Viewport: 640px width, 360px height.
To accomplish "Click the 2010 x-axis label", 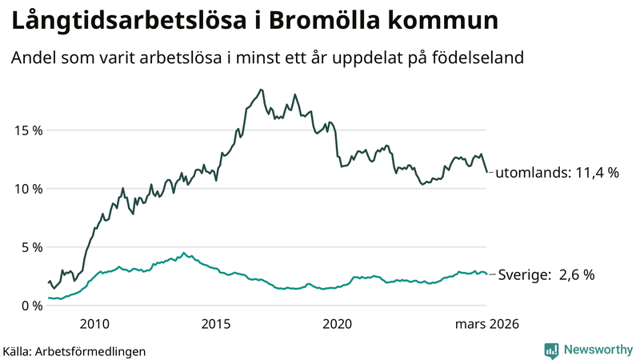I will point(94,324).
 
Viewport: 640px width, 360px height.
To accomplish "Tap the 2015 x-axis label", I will point(216,324).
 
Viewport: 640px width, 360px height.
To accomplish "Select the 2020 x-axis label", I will point(338,324).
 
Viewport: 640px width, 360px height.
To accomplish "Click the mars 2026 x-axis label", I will point(487,324).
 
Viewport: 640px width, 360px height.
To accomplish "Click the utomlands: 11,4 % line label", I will point(558,172).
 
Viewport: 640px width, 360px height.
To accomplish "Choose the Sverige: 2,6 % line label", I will point(546,274).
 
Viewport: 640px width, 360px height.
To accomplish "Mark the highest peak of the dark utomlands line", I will point(261,90).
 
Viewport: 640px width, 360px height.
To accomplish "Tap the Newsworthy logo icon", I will point(551,350).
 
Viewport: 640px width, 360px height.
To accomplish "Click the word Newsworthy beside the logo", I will point(596,350).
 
